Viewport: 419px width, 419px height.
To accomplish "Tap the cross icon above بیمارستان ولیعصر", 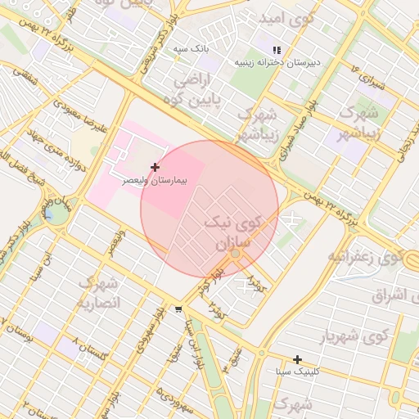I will (x=155, y=167).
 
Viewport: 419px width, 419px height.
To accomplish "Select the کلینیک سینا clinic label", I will (x=296, y=372).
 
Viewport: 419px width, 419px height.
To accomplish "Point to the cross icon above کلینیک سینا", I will (x=297, y=359).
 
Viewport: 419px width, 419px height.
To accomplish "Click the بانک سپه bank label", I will (x=191, y=49).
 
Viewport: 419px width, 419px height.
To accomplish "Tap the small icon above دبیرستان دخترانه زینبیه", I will (x=277, y=50).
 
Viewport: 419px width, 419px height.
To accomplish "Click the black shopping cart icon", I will (x=178, y=309).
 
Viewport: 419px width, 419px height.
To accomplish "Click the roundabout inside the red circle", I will (x=236, y=255).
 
